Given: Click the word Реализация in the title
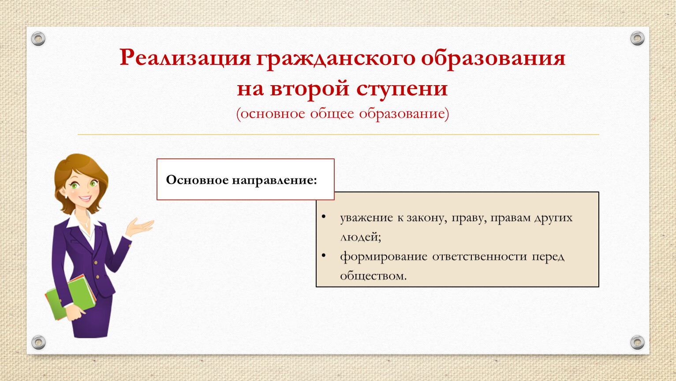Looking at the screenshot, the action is pyautogui.click(x=185, y=57).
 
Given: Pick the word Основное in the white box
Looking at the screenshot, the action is pyautogui.click(x=198, y=180).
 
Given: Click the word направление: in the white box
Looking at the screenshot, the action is pyautogui.click(x=274, y=180).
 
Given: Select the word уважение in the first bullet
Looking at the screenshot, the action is pyautogui.click(x=366, y=218).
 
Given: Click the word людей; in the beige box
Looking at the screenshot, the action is pyautogui.click(x=361, y=237).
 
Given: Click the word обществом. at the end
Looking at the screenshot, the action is pyautogui.click(x=373, y=276).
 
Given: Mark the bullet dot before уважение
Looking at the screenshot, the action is pyautogui.click(x=324, y=217).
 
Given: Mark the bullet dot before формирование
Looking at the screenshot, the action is pyautogui.click(x=324, y=255).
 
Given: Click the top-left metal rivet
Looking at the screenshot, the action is pyautogui.click(x=38, y=39).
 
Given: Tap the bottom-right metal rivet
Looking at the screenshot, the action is pyautogui.click(x=637, y=342).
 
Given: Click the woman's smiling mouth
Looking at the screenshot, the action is pyautogui.click(x=85, y=198).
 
